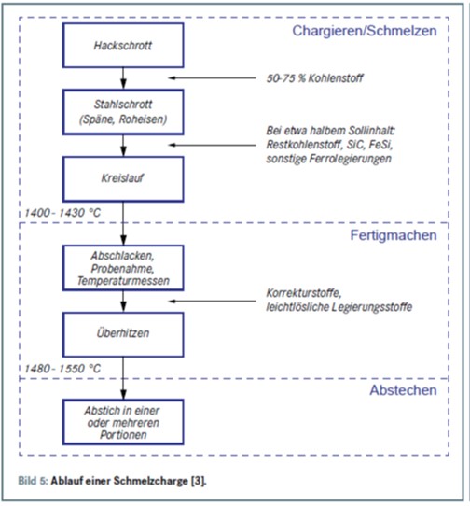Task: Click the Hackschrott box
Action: coord(123,45)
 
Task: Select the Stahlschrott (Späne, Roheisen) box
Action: coord(123,112)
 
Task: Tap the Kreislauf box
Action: coord(123,179)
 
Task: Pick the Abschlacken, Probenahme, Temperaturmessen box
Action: coord(123,268)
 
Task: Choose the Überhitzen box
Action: coord(123,334)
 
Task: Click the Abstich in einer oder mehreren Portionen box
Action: coord(123,422)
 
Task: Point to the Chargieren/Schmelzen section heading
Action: coord(365,31)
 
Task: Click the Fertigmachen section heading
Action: coord(394,235)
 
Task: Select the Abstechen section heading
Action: coord(403,390)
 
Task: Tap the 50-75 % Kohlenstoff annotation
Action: coord(314,78)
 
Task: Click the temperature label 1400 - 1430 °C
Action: coord(62,213)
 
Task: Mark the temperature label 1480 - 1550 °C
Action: coord(62,369)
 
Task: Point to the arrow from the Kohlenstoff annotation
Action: coord(212,77)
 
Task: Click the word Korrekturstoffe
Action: coord(304,293)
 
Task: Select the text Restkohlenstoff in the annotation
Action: coord(303,145)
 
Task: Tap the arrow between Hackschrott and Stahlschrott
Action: coord(123,78)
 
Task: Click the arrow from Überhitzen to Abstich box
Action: coord(123,378)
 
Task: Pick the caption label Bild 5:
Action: coord(33,481)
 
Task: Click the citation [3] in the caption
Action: coord(198,481)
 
